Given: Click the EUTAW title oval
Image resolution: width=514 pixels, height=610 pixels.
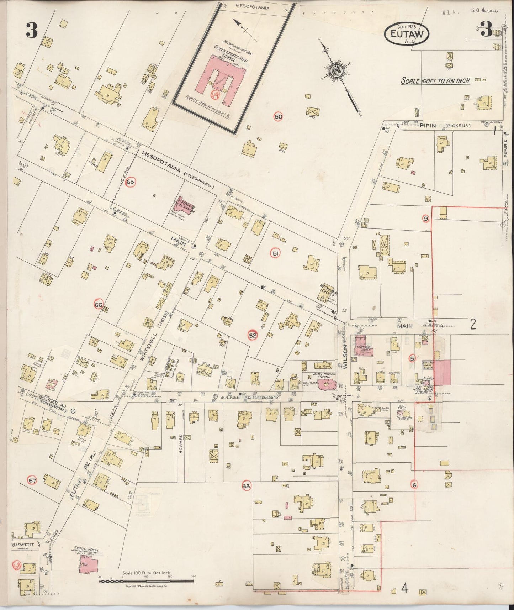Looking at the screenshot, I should click(x=407, y=33).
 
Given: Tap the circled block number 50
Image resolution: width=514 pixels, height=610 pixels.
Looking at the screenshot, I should click(x=278, y=116).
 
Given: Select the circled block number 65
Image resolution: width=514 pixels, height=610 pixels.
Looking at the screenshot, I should click(x=131, y=182).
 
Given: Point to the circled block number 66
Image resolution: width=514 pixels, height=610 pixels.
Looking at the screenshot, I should click(x=99, y=305).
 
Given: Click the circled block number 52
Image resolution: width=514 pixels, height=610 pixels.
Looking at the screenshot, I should click(x=253, y=335).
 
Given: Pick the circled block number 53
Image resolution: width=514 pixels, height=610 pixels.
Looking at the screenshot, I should click(x=246, y=486).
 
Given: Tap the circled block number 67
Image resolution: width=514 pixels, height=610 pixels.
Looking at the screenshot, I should click(x=33, y=481).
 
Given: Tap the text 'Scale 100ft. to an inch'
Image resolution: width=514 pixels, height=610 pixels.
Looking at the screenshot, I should click(x=435, y=81).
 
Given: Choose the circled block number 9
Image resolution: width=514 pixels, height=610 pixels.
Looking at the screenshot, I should click(x=426, y=218).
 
